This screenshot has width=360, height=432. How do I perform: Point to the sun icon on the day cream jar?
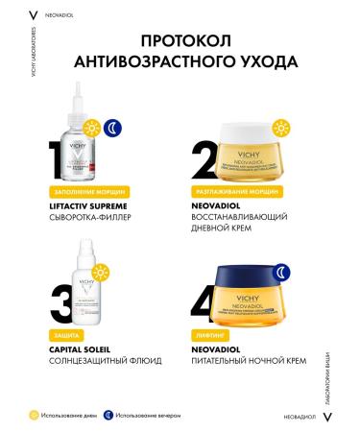click(282, 127)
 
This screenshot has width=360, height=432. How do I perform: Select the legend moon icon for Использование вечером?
click(109, 416)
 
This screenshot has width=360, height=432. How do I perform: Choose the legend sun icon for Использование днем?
click(34, 416)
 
